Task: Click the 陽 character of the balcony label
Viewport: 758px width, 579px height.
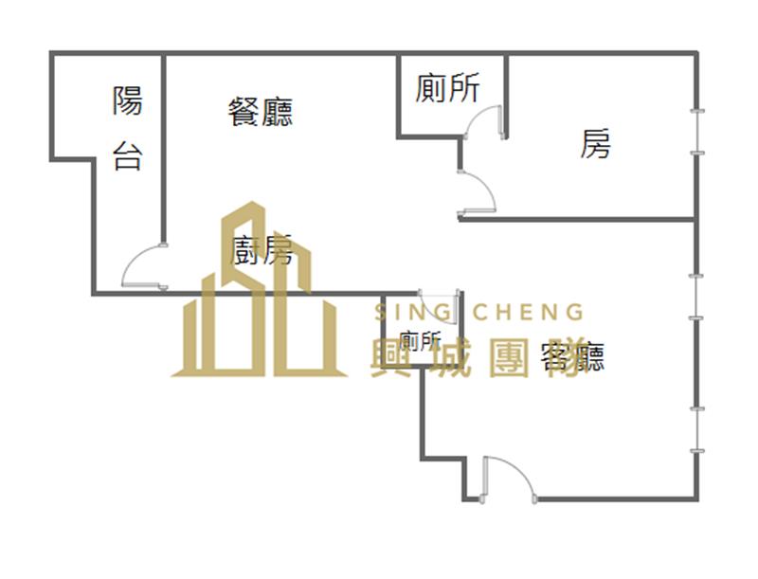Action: click(128, 100)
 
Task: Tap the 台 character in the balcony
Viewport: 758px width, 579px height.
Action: click(128, 155)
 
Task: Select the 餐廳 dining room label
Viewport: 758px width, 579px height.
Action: click(261, 112)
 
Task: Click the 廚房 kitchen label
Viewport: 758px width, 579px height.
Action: click(262, 250)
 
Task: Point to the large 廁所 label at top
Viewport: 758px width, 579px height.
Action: click(447, 87)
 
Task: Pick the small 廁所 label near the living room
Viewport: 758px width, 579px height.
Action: click(421, 341)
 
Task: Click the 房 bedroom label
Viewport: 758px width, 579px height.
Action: click(596, 143)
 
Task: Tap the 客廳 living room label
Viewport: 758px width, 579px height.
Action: click(573, 356)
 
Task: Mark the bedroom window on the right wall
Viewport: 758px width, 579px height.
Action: click(697, 132)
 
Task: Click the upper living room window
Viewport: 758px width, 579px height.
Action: click(696, 297)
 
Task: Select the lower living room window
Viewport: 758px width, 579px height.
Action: click(696, 429)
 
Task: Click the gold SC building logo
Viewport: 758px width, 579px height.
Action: click(259, 289)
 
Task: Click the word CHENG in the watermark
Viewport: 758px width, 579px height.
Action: click(528, 312)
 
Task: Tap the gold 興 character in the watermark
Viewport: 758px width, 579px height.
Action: click(390, 358)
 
